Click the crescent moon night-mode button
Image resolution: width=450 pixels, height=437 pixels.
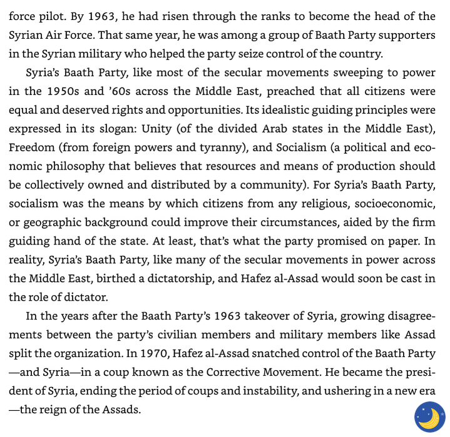coord(429,417)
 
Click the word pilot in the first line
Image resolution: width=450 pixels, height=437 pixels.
coord(51,17)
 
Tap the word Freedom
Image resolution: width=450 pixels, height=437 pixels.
coord(33,148)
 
